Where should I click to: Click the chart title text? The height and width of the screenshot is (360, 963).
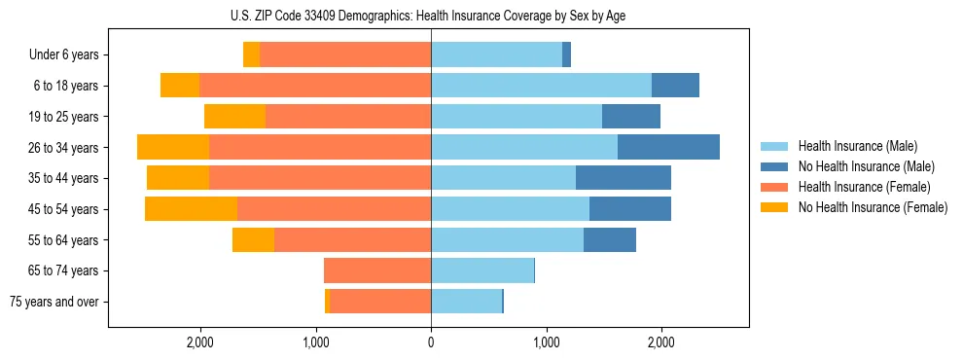click(430, 16)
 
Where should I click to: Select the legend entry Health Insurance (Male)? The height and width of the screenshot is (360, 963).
click(851, 146)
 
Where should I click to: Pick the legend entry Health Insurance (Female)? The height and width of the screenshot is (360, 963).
click(856, 187)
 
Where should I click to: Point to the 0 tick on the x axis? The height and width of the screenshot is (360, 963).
click(431, 342)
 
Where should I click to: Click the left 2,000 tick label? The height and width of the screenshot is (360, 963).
click(200, 342)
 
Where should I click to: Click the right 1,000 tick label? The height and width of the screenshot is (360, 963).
click(546, 342)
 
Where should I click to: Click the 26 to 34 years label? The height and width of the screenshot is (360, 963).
click(64, 147)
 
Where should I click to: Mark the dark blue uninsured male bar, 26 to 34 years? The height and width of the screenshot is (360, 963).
click(668, 147)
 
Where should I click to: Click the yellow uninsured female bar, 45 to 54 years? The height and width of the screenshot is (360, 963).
click(191, 209)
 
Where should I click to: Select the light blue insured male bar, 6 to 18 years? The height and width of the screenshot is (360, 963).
click(541, 86)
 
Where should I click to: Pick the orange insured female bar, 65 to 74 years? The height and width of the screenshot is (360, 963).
click(377, 270)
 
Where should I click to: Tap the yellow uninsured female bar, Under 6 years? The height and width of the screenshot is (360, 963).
click(251, 54)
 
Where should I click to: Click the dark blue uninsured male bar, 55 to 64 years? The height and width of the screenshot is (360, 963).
click(610, 239)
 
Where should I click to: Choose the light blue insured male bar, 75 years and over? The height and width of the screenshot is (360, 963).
click(466, 302)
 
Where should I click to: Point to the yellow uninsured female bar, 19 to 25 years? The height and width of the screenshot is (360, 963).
click(234, 117)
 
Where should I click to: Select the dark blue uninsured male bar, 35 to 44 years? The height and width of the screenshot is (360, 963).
click(624, 178)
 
